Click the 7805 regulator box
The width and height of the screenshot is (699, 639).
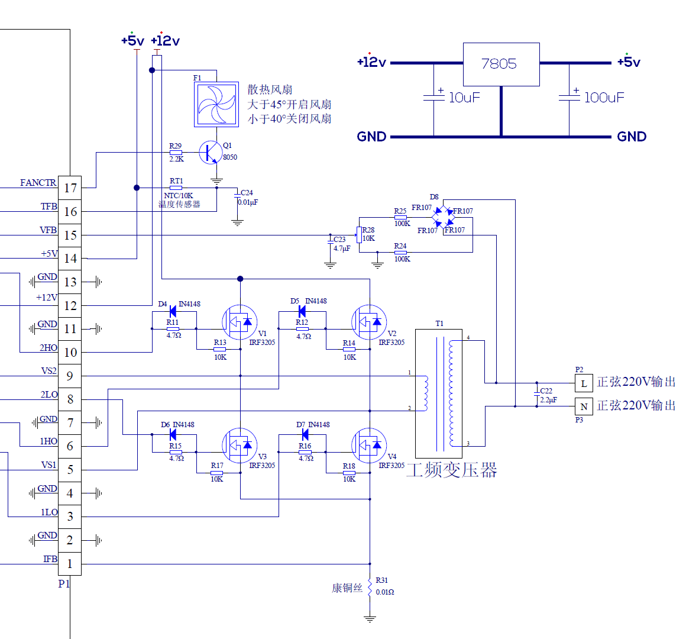pos(501,64)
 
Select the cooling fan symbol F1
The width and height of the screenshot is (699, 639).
pos(216,105)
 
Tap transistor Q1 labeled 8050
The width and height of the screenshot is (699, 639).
pos(211,152)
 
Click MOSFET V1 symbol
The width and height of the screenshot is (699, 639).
pos(240,322)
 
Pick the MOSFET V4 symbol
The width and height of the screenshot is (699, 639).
pos(369,445)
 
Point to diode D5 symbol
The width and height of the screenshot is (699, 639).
pos(302,311)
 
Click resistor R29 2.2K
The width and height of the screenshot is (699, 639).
pos(176,152)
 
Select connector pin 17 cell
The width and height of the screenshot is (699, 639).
pos(70,188)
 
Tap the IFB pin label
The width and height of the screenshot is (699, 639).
pos(50,559)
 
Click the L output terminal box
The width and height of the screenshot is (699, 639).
pos(584,383)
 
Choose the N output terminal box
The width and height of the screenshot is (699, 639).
pos(584,406)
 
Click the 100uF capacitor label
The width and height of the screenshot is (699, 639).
pos(604,98)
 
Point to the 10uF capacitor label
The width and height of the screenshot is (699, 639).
pos(464,98)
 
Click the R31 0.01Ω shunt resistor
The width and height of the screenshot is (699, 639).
pos(370,587)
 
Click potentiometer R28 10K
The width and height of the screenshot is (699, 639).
pos(358,235)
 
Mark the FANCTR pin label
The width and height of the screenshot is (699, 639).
pos(38,183)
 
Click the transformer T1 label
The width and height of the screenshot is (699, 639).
pos(439,324)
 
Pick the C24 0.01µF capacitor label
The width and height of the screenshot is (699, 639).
pos(248,198)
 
